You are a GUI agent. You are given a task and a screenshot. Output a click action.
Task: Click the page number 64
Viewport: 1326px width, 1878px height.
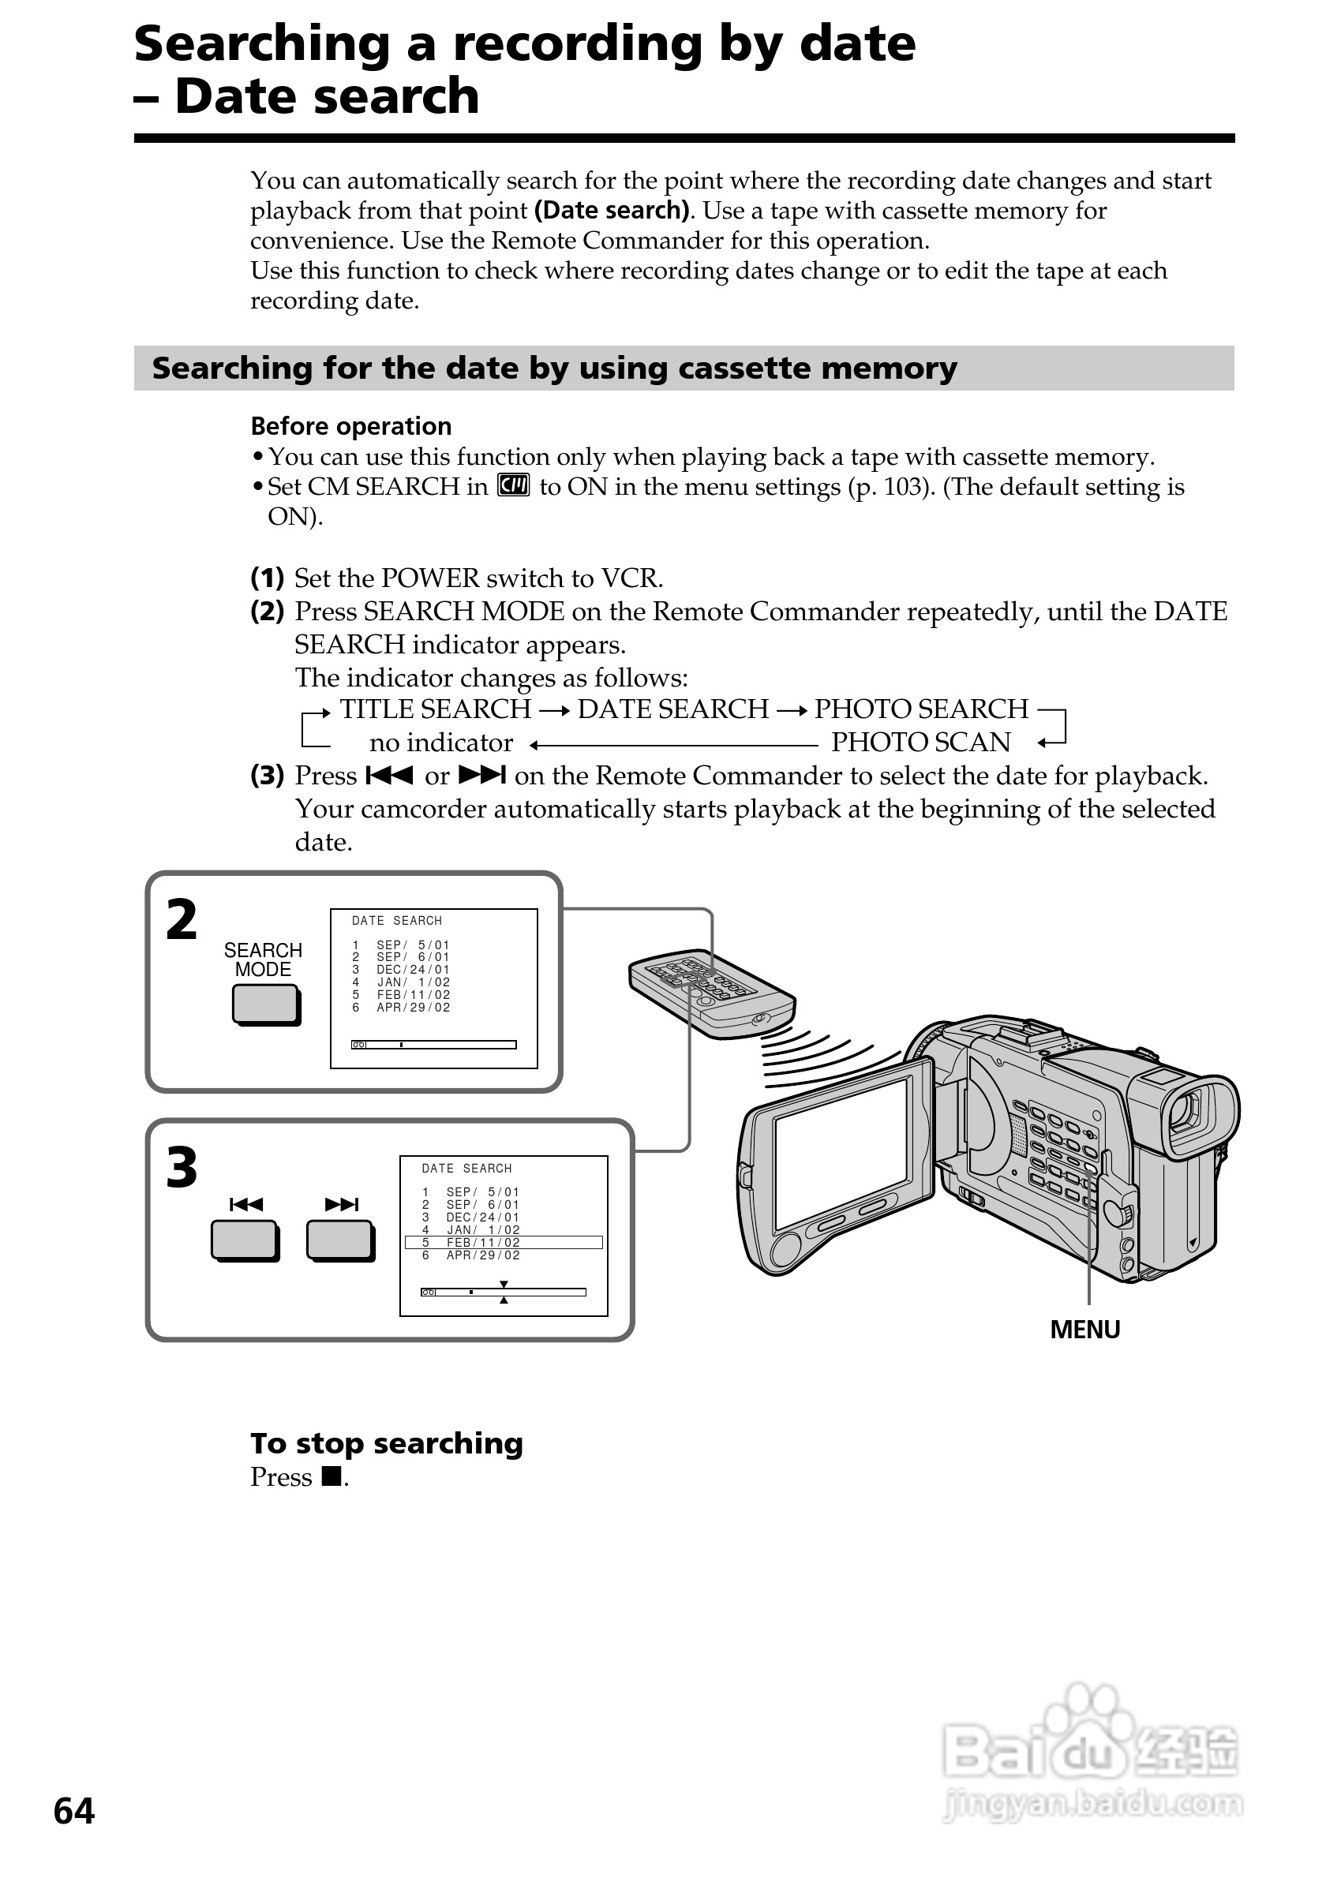pyautogui.click(x=73, y=1811)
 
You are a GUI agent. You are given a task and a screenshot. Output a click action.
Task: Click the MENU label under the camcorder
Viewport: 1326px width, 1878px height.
pyautogui.click(x=1084, y=1329)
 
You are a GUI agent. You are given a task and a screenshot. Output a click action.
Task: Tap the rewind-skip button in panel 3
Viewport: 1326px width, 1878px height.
pyautogui.click(x=244, y=1240)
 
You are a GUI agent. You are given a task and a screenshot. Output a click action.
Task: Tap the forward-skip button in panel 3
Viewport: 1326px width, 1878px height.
pyautogui.click(x=339, y=1240)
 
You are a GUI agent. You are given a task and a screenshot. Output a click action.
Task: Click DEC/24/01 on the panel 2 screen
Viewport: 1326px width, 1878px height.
pyautogui.click(x=412, y=969)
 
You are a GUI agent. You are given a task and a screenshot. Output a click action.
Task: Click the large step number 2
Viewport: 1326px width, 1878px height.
pyautogui.click(x=182, y=920)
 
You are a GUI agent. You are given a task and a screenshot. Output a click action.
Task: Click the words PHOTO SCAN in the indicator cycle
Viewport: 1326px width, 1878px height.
pyautogui.click(x=920, y=743)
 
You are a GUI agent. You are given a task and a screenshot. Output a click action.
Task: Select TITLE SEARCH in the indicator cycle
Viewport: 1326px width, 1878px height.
pyautogui.click(x=435, y=709)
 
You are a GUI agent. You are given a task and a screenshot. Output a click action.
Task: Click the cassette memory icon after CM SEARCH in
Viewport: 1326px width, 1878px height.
pyautogui.click(x=514, y=485)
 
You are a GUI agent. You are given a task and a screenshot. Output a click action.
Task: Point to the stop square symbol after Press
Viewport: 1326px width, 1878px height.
pyautogui.click(x=331, y=1476)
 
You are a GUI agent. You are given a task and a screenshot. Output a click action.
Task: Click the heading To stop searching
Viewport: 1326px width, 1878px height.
pyautogui.click(x=386, y=1444)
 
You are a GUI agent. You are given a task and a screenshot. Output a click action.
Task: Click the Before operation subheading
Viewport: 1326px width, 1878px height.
pyautogui.click(x=351, y=426)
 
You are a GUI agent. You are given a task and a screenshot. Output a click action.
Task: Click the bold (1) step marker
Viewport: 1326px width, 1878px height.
pyautogui.click(x=267, y=578)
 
